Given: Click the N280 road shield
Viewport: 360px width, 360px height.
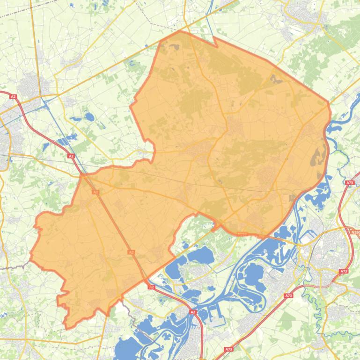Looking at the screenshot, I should [354, 231].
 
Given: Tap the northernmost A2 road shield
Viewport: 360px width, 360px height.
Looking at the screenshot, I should [13, 96].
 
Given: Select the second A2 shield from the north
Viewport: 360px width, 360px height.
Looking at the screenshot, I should [71, 156].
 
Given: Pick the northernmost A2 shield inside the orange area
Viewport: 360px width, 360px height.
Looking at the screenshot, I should [95, 192].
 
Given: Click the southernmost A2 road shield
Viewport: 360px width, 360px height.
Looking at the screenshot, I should [192, 311].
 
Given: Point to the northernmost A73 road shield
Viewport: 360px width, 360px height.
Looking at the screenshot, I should [349, 183].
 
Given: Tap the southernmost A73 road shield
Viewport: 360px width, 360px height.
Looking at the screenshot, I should [228, 349].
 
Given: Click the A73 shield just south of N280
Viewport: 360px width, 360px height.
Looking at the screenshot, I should [344, 271].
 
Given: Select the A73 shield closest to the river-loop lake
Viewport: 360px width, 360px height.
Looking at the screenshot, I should [289, 295].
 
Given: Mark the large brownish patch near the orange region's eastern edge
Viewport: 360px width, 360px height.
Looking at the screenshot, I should [318, 157].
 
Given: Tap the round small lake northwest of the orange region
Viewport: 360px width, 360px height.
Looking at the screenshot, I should [88, 117].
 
